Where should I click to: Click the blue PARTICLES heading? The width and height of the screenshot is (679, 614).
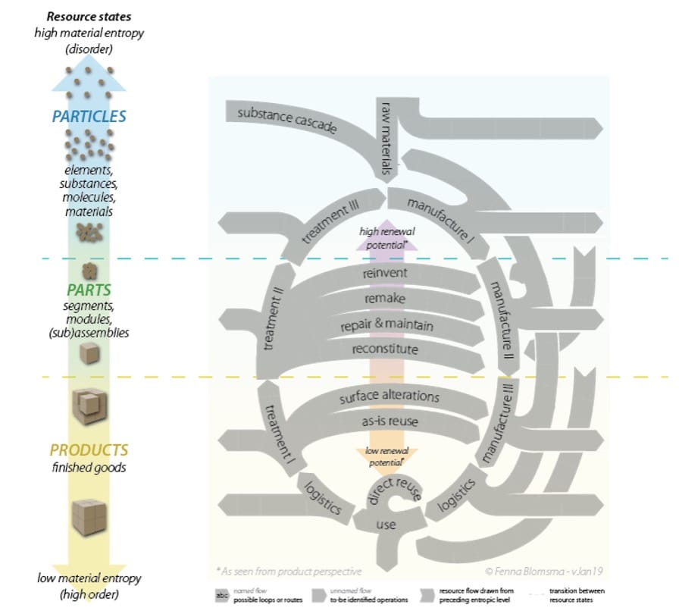(89, 117)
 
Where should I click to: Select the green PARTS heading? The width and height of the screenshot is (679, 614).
(89, 290)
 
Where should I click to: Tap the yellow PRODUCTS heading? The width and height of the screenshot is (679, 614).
(89, 450)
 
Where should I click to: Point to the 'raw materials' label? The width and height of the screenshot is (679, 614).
(387, 140)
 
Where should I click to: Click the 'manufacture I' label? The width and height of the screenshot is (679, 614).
(440, 221)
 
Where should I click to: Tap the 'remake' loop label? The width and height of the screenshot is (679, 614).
(386, 299)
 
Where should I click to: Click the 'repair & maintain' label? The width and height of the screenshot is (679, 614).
(386, 325)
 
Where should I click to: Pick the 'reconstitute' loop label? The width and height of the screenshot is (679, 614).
(386, 349)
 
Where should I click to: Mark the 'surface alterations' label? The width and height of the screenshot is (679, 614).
(389, 396)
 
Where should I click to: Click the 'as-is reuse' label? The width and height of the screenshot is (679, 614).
(390, 421)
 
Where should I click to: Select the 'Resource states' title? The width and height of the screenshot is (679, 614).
(89, 15)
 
